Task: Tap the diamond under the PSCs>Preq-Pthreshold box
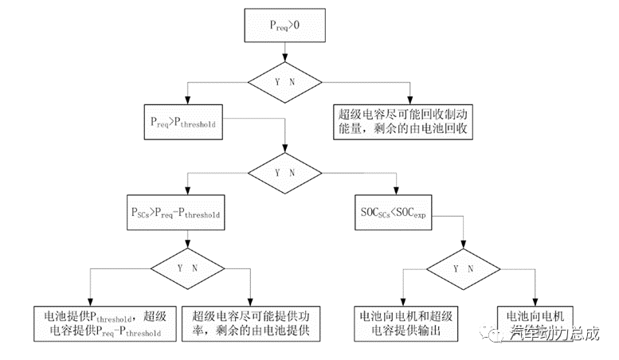(188, 268)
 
